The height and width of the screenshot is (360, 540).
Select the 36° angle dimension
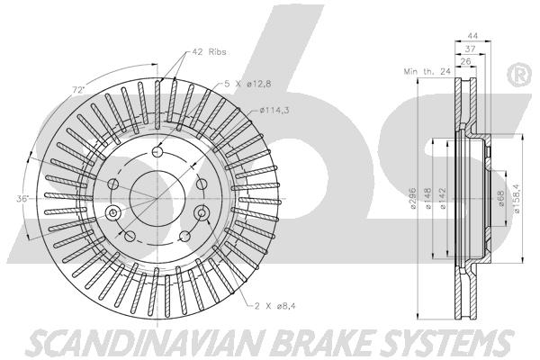point(22,197)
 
